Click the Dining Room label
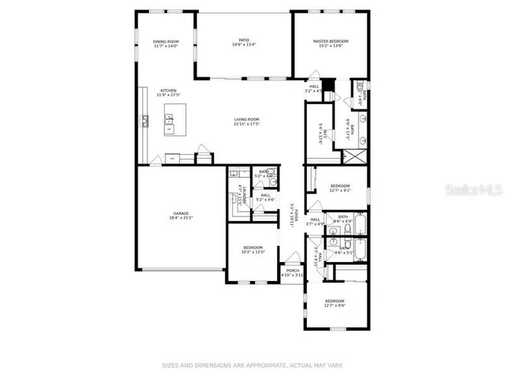click(x=166, y=43)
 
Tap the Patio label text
click(x=245, y=43)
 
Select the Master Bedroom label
click(x=330, y=43)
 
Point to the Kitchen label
click(x=169, y=92)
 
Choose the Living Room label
click(x=247, y=122)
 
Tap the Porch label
click(x=293, y=273)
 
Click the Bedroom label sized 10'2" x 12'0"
click(x=253, y=250)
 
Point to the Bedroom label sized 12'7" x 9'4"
click(x=335, y=302)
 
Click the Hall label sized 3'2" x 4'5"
click(x=314, y=88)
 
